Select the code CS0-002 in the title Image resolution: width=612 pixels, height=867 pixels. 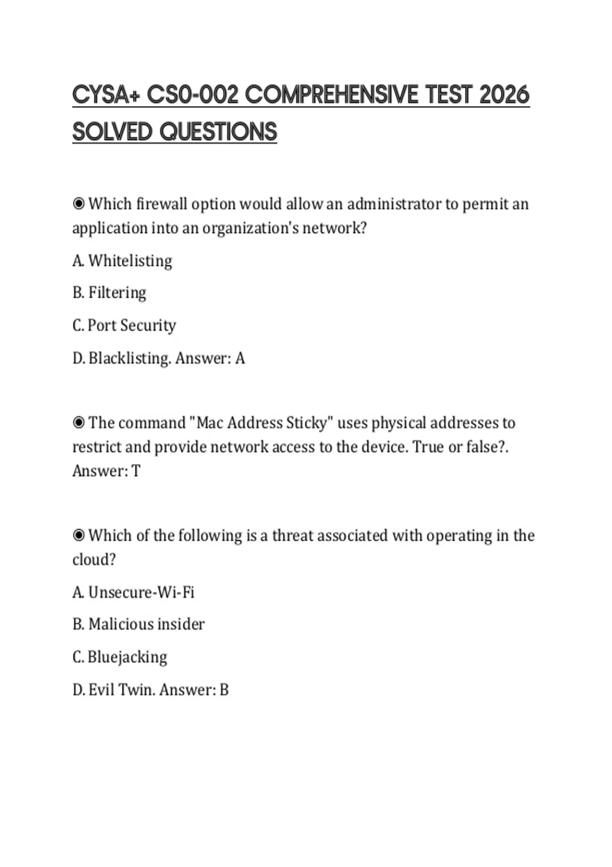193,95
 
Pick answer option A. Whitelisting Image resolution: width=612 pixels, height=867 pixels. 122,261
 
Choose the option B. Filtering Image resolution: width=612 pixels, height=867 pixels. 109,293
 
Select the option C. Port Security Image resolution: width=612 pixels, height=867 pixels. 124,325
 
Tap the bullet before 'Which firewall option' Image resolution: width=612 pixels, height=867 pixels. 79,204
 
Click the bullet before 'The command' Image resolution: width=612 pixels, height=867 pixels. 79,423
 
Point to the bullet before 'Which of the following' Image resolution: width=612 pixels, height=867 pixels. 79,535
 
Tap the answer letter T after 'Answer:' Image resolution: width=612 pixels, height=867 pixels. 136,471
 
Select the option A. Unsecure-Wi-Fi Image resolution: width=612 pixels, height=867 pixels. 134,592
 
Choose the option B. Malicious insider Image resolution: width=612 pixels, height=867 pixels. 139,624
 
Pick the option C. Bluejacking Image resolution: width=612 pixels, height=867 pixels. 120,657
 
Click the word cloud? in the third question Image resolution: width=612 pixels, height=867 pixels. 94,559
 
